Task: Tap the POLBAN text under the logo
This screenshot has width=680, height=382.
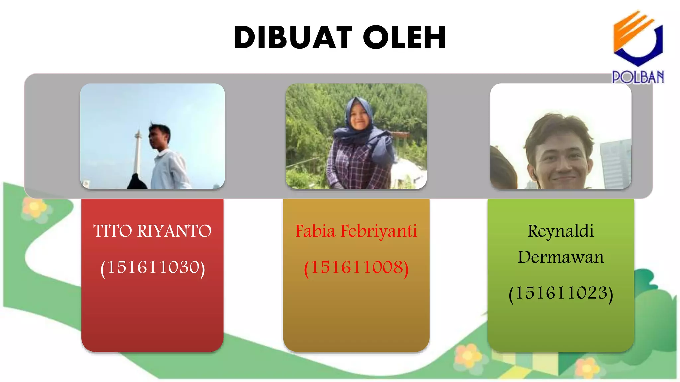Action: (x=638, y=77)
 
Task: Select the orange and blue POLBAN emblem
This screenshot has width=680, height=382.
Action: (x=637, y=38)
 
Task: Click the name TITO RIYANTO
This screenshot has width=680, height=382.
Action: (x=152, y=231)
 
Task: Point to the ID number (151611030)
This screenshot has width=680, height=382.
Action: (x=152, y=268)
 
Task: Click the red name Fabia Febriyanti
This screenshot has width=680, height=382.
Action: (x=356, y=231)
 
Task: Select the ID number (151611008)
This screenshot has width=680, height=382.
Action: (x=356, y=268)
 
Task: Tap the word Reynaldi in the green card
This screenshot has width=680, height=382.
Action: (x=560, y=231)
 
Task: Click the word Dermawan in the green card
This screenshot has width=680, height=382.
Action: (x=560, y=257)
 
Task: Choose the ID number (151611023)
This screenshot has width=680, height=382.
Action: (x=560, y=293)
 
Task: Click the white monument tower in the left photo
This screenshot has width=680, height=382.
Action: (x=137, y=153)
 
